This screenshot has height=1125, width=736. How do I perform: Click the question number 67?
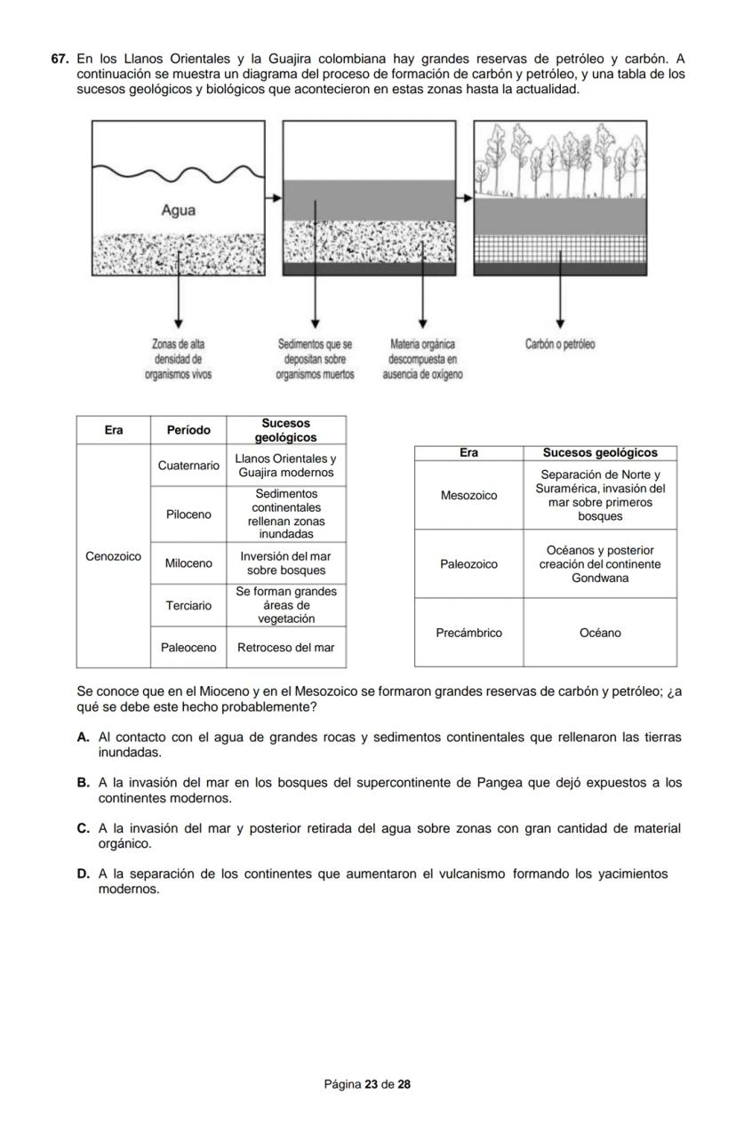60,59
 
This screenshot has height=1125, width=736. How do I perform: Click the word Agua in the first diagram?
178,211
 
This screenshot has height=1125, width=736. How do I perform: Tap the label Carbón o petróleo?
560,344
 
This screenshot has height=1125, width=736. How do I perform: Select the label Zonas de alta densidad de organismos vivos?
178,359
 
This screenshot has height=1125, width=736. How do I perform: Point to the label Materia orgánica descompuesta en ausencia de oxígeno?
422,359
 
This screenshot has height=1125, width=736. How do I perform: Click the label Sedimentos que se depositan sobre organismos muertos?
316,359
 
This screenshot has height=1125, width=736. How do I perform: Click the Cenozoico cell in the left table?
113,556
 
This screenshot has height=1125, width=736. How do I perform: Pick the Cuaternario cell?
188,466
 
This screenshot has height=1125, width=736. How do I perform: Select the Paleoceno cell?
188,648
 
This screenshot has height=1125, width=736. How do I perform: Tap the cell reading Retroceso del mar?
285,648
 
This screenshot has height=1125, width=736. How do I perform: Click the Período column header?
188,430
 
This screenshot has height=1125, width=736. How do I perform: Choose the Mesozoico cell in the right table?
468,495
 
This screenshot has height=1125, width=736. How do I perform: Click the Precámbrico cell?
468,633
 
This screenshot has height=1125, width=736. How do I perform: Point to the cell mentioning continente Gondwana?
600,564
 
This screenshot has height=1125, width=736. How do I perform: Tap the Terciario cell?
188,605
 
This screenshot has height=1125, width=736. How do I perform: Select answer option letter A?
83,738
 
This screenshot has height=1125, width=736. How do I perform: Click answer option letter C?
83,828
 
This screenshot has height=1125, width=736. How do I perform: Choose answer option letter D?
83,874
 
